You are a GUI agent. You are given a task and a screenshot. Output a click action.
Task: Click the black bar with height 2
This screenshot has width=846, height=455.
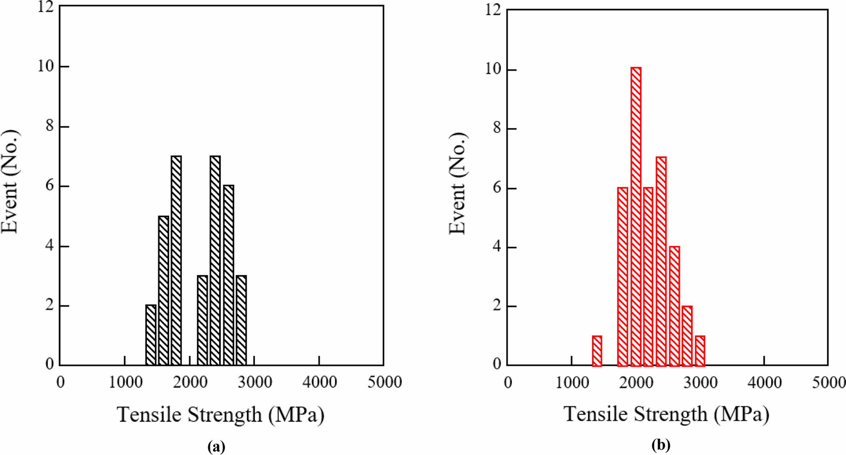(x=151, y=335)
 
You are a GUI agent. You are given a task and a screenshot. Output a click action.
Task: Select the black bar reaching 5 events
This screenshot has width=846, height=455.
(x=163, y=290)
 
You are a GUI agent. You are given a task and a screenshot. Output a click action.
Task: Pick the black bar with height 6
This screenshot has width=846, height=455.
(x=228, y=275)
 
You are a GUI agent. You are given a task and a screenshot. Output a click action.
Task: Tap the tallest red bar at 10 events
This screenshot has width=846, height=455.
(x=636, y=217)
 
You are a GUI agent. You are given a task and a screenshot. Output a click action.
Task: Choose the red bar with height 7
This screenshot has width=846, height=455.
(x=661, y=261)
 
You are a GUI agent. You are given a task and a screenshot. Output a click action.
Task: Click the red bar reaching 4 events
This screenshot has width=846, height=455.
(x=674, y=306)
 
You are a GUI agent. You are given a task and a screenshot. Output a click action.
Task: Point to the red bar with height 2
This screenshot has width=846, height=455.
(x=687, y=336)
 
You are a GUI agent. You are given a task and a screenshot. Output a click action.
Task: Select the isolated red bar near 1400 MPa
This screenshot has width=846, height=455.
(x=597, y=351)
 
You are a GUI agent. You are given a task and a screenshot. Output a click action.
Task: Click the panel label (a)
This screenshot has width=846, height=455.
(x=216, y=447)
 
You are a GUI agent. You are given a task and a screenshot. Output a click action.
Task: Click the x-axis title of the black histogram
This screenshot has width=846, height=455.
(x=221, y=415)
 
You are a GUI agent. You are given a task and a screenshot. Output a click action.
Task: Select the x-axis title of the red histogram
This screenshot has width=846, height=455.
(x=666, y=414)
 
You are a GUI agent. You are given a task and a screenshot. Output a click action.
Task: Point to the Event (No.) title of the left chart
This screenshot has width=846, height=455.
(x=10, y=181)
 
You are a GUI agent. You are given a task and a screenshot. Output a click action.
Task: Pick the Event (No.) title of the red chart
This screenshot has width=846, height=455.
(x=457, y=183)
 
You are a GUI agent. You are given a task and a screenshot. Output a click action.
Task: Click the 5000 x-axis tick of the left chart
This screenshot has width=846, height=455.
(x=384, y=383)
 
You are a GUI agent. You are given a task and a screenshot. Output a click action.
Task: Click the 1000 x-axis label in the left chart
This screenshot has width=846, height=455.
(x=125, y=383)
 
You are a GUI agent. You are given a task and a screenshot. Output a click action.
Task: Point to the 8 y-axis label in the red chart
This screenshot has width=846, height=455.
(x=497, y=129)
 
